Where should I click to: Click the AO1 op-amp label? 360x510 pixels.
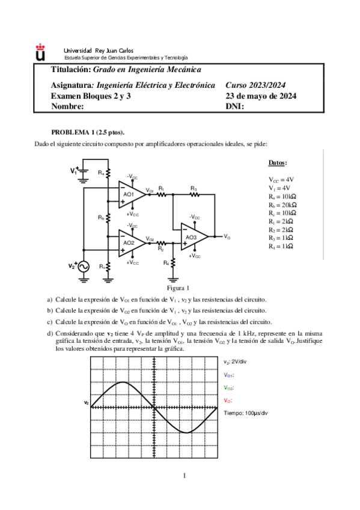pos(129,195)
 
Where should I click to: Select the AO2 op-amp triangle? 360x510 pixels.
pos(131,242)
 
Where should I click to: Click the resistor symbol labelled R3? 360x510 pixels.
pos(194,194)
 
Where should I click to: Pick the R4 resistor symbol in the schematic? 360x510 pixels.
pos(172,263)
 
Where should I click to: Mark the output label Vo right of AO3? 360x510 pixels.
pos(227,237)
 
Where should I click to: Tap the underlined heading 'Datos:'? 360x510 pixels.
pos(277,163)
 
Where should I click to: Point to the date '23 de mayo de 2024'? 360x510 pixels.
pos(260,96)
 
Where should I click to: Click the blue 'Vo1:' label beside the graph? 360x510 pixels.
pos(229,374)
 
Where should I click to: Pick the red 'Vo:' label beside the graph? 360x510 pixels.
pos(228,400)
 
